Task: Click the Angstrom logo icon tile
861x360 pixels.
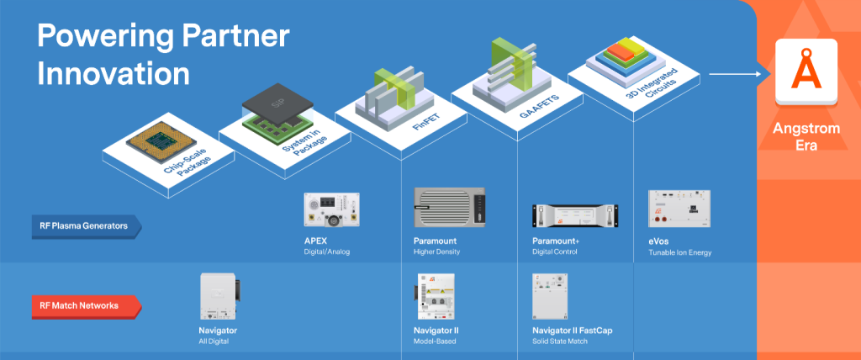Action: click(x=807, y=71)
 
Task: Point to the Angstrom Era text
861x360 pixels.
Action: click(x=807, y=138)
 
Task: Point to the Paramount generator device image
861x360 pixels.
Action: click(x=450, y=207)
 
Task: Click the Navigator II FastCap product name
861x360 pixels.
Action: click(x=573, y=331)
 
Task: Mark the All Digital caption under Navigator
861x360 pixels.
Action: click(x=213, y=342)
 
